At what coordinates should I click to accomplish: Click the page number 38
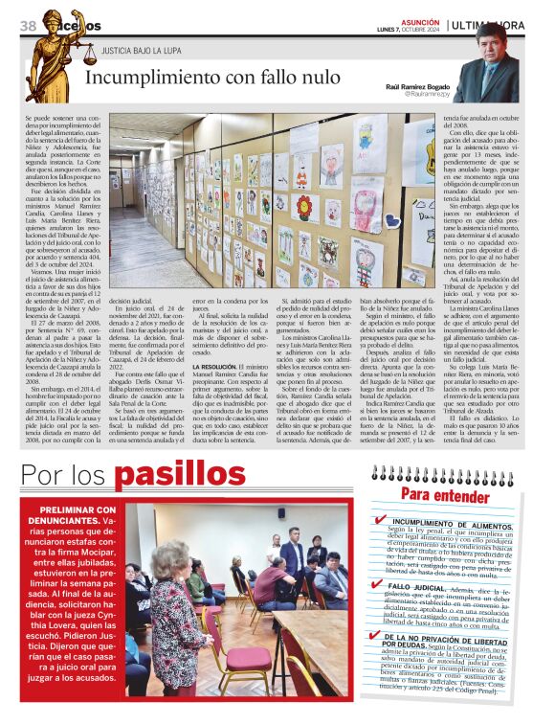27,25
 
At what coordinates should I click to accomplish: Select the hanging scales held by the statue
90,56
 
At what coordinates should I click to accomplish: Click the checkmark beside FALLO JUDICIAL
380,583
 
